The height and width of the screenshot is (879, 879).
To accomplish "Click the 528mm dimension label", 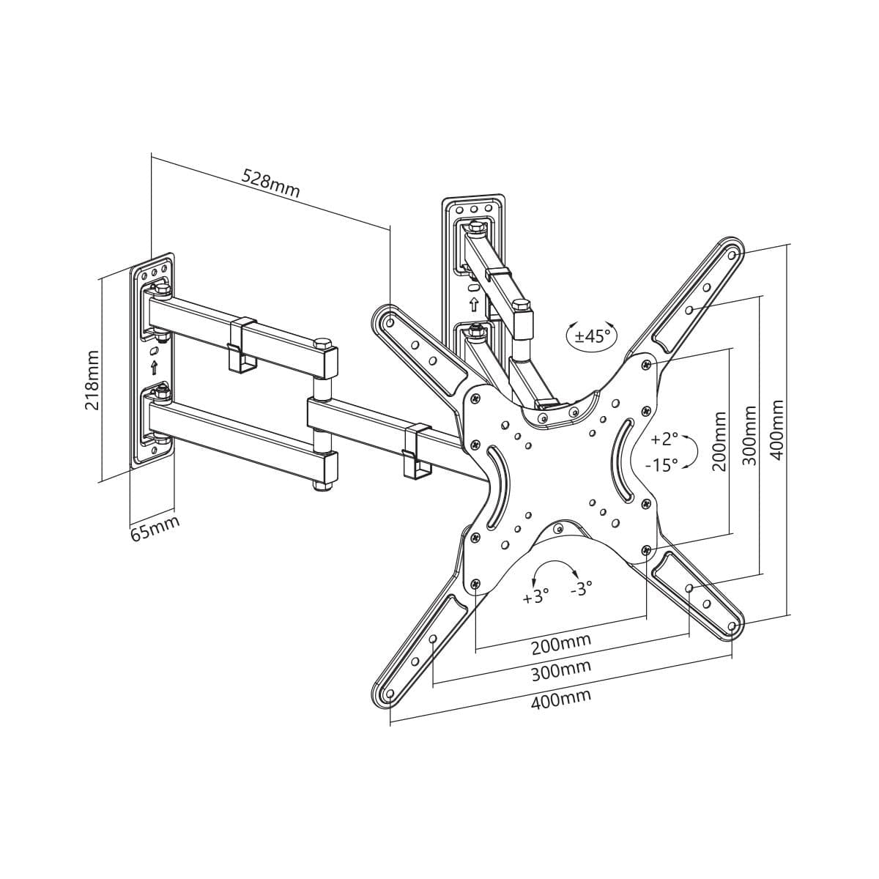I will point(271,185).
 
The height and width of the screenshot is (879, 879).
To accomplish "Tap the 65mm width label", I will point(155,528).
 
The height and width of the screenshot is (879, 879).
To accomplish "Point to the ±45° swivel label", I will point(592,336).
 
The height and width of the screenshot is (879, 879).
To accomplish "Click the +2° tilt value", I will point(664,439).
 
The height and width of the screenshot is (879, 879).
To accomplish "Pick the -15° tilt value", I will point(661,464).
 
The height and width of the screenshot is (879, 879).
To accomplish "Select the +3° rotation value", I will point(535,596).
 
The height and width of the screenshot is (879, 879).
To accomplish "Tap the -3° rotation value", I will point(581,588).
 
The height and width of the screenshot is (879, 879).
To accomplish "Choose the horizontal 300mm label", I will point(560,670).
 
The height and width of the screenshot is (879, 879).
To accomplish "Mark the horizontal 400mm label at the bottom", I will point(560,700).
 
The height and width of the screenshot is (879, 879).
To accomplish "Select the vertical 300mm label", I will point(749,433).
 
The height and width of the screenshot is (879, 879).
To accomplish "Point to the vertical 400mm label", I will point(777,429).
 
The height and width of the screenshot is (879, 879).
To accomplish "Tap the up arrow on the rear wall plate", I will point(473,303).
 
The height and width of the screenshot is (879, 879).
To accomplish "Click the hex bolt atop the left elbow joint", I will point(322,344).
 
